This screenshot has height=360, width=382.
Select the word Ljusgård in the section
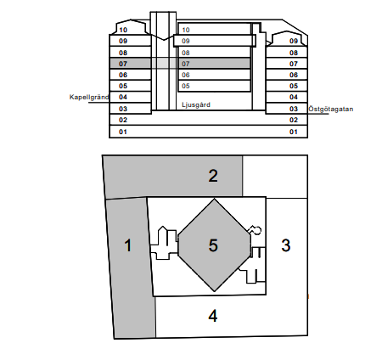196,104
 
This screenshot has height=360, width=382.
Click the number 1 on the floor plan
128,246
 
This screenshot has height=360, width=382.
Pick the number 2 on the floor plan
213,176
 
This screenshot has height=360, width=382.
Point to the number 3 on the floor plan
286,245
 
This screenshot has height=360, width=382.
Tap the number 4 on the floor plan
212,316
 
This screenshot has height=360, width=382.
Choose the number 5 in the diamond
213,245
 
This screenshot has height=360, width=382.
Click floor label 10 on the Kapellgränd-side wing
123,30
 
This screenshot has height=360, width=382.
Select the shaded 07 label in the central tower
186,64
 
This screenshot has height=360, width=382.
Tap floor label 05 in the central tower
186,86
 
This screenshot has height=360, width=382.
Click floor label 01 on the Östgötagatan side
294,132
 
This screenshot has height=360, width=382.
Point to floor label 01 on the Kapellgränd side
123,132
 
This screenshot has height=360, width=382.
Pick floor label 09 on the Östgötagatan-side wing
294,41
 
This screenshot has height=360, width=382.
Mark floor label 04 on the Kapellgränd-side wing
123,98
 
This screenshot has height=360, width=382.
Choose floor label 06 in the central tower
186,75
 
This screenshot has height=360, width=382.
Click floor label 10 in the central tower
186,30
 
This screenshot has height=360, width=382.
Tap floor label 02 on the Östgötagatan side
294,121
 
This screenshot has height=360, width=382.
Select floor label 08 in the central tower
186,53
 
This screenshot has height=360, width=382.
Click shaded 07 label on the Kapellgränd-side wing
123,64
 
